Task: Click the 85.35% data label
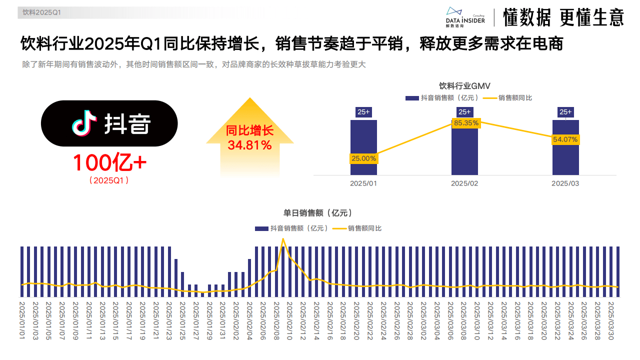(466, 122)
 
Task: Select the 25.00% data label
(363, 158)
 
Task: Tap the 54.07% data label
(565, 139)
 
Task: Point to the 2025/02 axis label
(464, 183)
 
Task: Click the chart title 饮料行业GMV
(464, 86)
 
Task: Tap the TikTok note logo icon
(84, 123)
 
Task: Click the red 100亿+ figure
(109, 162)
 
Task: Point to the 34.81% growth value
(249, 145)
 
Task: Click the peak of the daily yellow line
(283, 239)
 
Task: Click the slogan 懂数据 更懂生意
(563, 17)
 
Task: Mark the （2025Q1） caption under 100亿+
(109, 180)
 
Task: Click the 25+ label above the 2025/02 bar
(464, 112)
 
